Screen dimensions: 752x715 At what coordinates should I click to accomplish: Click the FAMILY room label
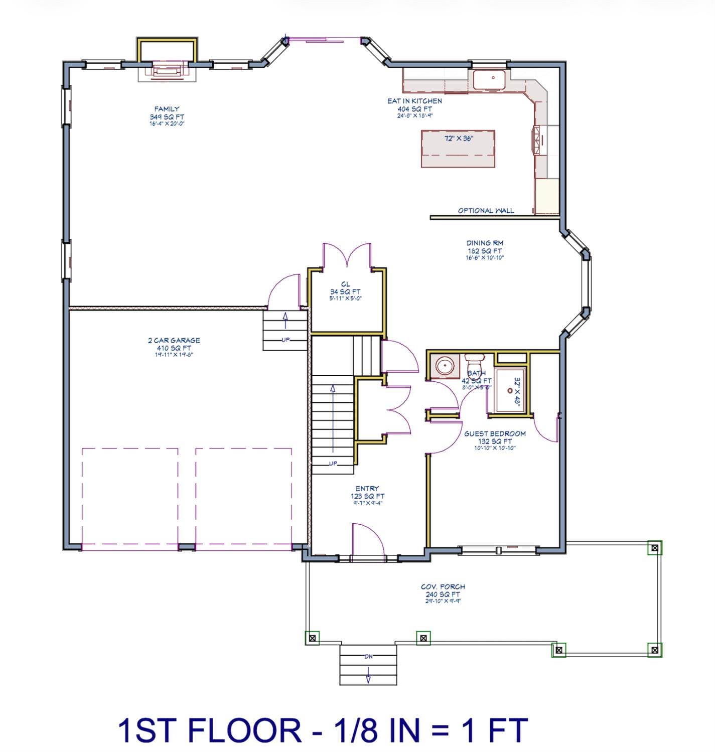click(167, 109)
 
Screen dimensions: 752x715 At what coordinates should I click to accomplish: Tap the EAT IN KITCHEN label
click(414, 101)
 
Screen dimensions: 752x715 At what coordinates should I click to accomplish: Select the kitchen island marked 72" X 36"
click(458, 148)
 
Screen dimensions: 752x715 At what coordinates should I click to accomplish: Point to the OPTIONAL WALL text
click(486, 211)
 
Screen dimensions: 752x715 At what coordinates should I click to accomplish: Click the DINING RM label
click(484, 243)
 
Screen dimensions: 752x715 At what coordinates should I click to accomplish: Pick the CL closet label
click(345, 284)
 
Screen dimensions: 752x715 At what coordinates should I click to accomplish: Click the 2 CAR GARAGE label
click(174, 340)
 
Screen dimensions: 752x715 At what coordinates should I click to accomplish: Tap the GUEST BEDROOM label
click(495, 434)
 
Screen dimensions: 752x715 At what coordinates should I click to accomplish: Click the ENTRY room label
click(367, 489)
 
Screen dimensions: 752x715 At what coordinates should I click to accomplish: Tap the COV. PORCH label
click(443, 586)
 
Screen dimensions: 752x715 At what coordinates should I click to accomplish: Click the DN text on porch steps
click(368, 656)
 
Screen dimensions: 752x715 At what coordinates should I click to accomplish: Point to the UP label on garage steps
click(285, 340)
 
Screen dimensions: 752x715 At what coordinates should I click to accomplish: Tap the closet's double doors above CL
click(346, 256)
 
